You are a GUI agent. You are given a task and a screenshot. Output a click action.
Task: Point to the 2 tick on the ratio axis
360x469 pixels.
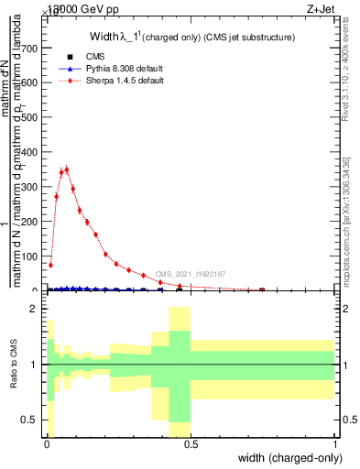(34, 309)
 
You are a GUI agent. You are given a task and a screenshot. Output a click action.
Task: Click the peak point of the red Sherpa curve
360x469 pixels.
(66, 169)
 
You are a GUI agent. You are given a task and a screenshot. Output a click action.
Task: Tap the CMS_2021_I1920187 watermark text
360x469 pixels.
(190, 274)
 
